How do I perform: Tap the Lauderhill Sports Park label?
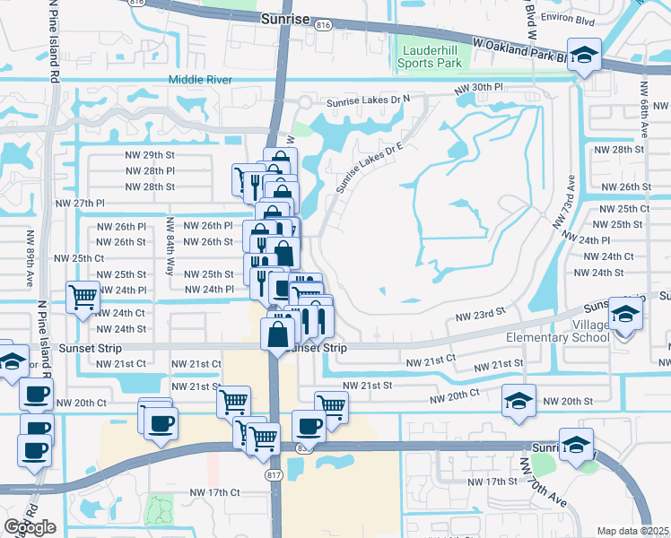[432, 56]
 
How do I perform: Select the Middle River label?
[200, 80]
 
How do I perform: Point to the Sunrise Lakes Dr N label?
[367, 100]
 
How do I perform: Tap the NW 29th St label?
[150, 154]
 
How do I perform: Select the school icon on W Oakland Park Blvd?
[584, 53]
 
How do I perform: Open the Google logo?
[30, 527]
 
